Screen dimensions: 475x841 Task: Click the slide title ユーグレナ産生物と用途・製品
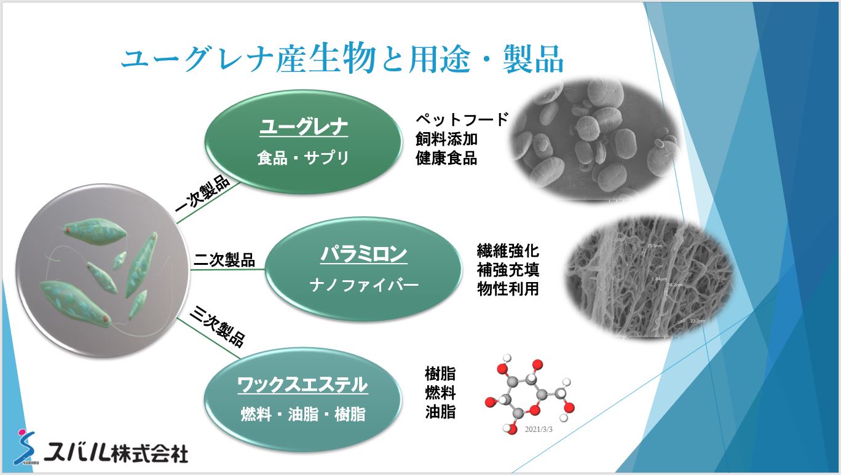click(342, 60)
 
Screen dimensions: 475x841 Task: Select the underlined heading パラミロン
click(363, 253)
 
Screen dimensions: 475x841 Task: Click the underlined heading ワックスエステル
click(302, 385)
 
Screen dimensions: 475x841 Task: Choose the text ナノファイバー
click(363, 285)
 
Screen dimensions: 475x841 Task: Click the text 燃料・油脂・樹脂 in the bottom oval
click(302, 415)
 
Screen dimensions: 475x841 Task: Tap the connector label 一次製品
click(202, 195)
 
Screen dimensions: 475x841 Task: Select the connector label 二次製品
click(224, 260)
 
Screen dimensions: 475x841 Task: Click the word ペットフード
click(462, 119)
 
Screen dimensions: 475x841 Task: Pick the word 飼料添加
click(446, 139)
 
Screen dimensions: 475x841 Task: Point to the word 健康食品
click(446, 158)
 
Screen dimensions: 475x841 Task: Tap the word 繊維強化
click(508, 251)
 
